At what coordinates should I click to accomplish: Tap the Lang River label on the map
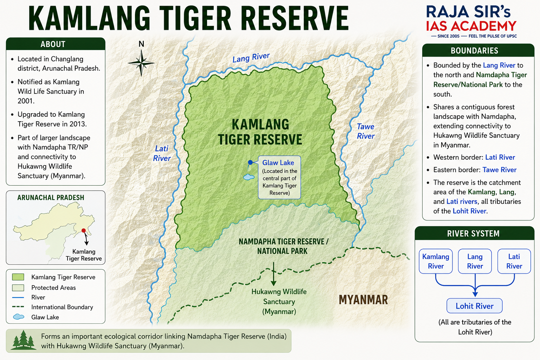[251, 58]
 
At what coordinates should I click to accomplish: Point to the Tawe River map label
[366, 131]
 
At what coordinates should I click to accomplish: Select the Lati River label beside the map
[162, 153]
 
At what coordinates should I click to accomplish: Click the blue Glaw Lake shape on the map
[249, 177]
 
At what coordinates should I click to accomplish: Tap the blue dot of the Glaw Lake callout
[250, 162]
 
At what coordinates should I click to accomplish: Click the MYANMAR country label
[363, 300]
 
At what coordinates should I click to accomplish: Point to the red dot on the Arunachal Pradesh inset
[83, 231]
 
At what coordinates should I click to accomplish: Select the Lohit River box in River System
[474, 306]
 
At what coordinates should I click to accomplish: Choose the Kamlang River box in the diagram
[436, 261]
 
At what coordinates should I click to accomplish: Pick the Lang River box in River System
[475, 261]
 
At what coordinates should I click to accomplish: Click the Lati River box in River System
[514, 261]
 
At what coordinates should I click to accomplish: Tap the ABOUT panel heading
[53, 44]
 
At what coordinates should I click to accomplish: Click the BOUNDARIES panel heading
[474, 50]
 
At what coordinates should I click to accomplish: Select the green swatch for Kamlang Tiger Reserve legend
[18, 277]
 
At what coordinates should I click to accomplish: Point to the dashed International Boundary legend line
[18, 307]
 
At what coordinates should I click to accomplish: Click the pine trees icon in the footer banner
[23, 340]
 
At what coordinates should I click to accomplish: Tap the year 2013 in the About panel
[78, 124]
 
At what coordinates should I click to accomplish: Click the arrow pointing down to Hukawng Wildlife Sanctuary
[274, 274]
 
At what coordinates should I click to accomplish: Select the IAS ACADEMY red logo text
[471, 26]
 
